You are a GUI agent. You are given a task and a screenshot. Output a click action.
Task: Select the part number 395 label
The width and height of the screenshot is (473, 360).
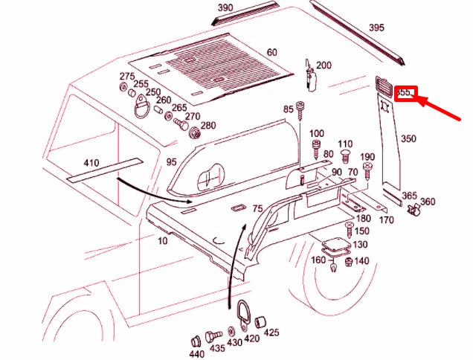[x=376, y=28]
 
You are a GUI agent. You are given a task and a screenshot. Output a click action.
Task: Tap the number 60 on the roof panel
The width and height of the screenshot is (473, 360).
[x=271, y=52]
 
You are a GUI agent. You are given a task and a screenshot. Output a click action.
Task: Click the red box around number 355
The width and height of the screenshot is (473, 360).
[x=405, y=94]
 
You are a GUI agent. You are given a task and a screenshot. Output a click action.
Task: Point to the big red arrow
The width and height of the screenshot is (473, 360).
[x=443, y=111]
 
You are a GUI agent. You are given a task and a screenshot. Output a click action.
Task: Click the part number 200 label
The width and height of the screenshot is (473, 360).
[x=324, y=65]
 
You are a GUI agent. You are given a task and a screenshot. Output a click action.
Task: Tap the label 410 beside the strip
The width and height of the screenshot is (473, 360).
[x=91, y=163]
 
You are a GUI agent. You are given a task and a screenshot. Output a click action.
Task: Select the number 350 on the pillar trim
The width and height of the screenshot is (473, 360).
[x=408, y=139]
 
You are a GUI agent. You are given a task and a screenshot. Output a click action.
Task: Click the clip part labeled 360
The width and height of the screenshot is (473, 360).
[x=414, y=212]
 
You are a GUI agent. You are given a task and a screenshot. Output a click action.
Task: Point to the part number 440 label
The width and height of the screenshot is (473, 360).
[x=196, y=355]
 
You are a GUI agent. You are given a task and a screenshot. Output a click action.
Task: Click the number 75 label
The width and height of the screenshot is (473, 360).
[x=257, y=209]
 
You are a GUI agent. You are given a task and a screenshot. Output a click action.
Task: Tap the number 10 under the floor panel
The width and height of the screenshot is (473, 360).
[x=162, y=241]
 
